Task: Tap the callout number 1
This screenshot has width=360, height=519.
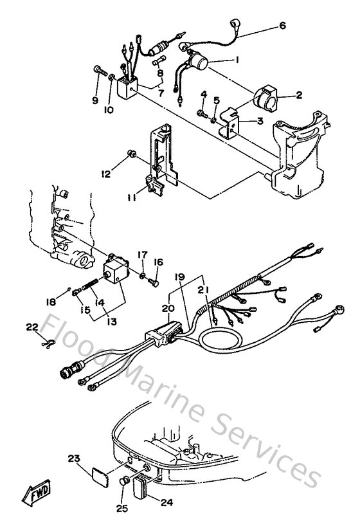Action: (x=237, y=60)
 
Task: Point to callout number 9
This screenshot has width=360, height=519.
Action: (x=95, y=100)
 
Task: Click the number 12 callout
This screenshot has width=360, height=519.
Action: (x=105, y=173)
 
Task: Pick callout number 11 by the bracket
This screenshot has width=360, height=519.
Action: (x=131, y=199)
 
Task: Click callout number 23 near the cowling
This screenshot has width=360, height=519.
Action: (x=74, y=459)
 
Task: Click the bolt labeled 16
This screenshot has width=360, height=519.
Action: (x=152, y=280)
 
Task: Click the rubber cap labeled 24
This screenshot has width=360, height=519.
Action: (x=142, y=487)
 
